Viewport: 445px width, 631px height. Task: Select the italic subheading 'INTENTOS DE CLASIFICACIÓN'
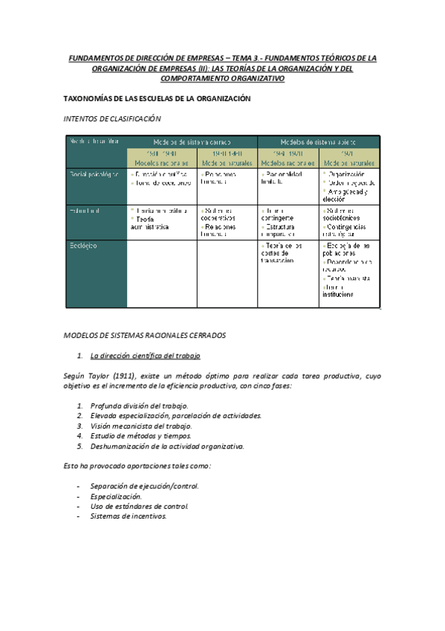[x=112, y=118]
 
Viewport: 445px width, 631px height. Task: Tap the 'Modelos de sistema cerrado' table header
[x=192, y=141]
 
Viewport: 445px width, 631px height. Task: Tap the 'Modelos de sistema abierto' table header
[x=318, y=141]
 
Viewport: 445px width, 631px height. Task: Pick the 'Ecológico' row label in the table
[x=83, y=245]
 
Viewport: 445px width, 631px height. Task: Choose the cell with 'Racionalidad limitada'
[x=285, y=178]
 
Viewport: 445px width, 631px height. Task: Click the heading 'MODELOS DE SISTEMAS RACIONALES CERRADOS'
[x=155, y=336]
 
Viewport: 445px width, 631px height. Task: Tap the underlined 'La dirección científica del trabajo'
[x=144, y=356]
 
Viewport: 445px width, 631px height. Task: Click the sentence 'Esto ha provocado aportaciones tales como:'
[x=137, y=466]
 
